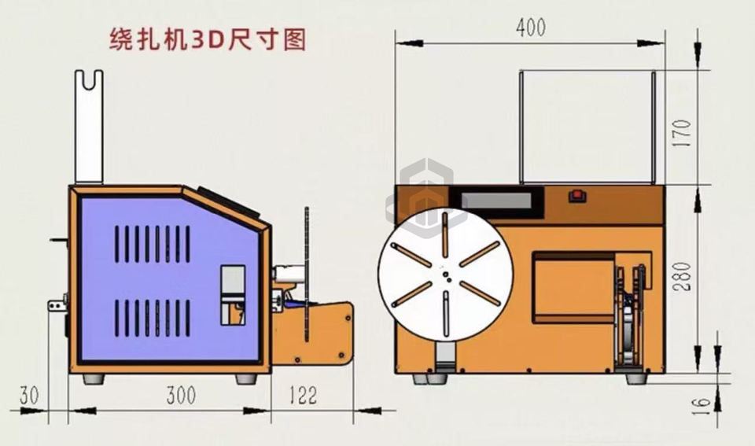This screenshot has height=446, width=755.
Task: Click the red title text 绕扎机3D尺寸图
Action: click(x=207, y=39)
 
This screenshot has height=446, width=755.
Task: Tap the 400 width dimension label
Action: click(x=531, y=27)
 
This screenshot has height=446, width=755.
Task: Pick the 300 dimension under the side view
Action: click(x=181, y=396)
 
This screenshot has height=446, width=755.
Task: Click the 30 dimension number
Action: click(x=29, y=396)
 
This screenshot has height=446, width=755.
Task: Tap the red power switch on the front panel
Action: click(x=578, y=194)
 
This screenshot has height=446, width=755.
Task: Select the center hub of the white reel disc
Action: click(x=445, y=275)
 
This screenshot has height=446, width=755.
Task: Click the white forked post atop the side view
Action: click(x=89, y=126)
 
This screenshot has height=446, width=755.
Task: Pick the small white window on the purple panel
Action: click(x=232, y=294)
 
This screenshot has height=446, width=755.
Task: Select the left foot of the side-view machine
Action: click(x=94, y=378)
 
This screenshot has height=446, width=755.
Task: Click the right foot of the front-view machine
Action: click(x=638, y=378)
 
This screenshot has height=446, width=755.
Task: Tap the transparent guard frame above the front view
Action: click(x=587, y=126)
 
